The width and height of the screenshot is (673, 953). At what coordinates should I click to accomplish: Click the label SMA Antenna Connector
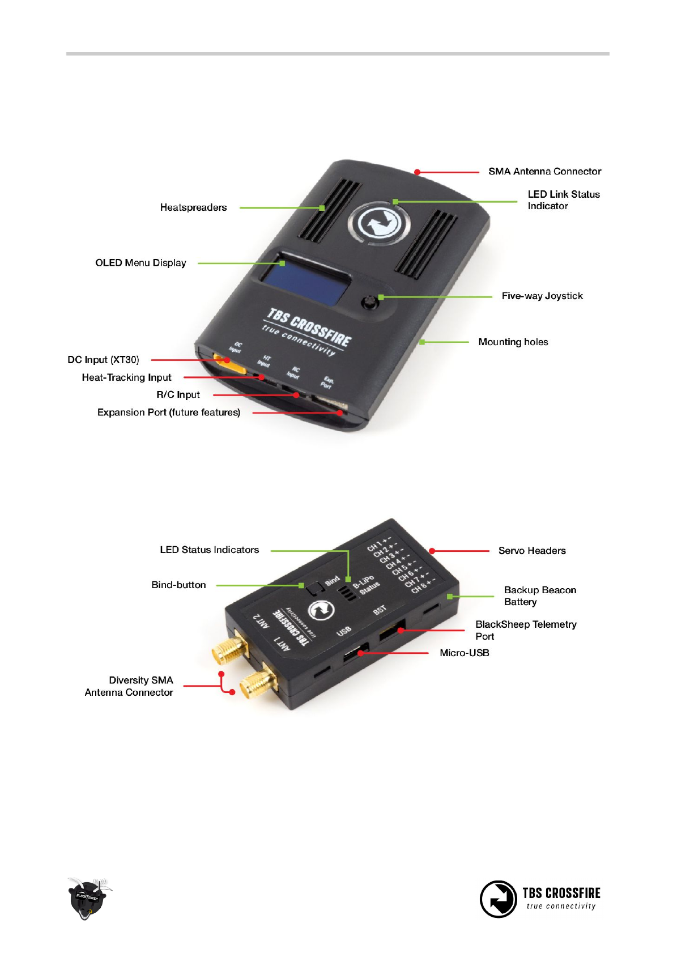click(x=544, y=171)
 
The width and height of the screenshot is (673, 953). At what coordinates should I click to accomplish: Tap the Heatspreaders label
click(x=193, y=207)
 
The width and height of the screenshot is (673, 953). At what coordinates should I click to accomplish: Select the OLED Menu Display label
click(x=140, y=263)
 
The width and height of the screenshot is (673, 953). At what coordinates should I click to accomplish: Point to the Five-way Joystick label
click(x=542, y=296)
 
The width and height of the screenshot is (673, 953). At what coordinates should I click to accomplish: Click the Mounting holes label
click(x=513, y=342)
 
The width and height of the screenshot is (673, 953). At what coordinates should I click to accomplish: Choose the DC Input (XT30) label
click(x=103, y=360)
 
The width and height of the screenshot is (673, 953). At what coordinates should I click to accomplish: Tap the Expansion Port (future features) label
click(x=168, y=412)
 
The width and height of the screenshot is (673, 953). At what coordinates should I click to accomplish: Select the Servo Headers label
click(x=531, y=551)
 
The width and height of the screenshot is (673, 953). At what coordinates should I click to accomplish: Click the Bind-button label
click(x=178, y=585)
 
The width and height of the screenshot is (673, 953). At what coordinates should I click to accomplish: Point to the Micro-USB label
click(x=464, y=653)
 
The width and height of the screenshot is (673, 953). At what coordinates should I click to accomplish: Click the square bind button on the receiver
click(x=315, y=589)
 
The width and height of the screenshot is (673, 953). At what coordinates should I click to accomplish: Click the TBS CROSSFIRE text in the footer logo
click(x=561, y=893)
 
